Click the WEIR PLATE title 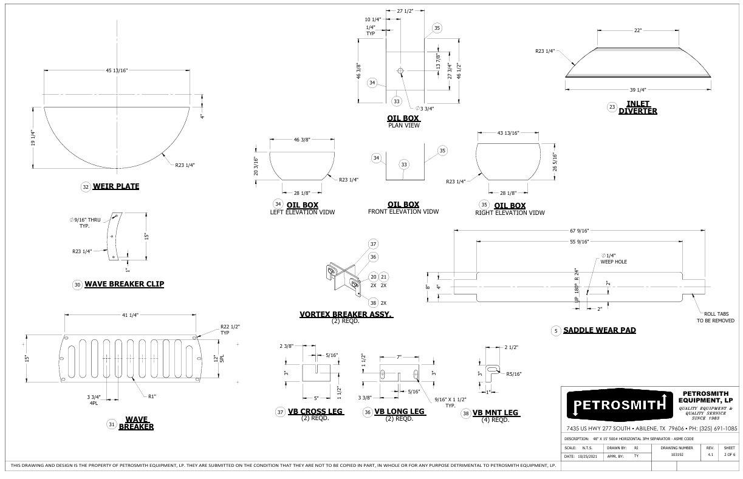pyautogui.click(x=116, y=186)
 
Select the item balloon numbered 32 pyautogui.click(x=86, y=187)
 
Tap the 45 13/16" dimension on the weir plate pyautogui.click(x=117, y=70)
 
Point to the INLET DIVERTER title pyautogui.click(x=637, y=107)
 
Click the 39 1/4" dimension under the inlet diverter pyautogui.click(x=638, y=90)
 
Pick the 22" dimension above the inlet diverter pyautogui.click(x=638, y=30)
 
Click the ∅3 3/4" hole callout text pyautogui.click(x=425, y=109)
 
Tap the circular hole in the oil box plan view pyautogui.click(x=400, y=70)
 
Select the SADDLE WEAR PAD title pyautogui.click(x=600, y=330)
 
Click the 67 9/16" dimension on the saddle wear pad pyautogui.click(x=579, y=231)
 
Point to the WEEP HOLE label pyautogui.click(x=614, y=262)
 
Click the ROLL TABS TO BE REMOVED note pyautogui.click(x=716, y=318)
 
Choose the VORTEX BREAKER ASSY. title pyautogui.click(x=346, y=314)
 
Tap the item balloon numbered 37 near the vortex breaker pyautogui.click(x=373, y=244)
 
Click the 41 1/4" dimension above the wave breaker pyautogui.click(x=130, y=315)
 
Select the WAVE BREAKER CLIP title pyautogui.click(x=125, y=284)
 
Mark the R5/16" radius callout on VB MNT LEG pyautogui.click(x=514, y=374)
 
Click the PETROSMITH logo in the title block pyautogui.click(x=620, y=405)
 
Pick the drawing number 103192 pyautogui.click(x=677, y=455)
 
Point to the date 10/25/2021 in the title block pyautogui.click(x=587, y=456)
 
